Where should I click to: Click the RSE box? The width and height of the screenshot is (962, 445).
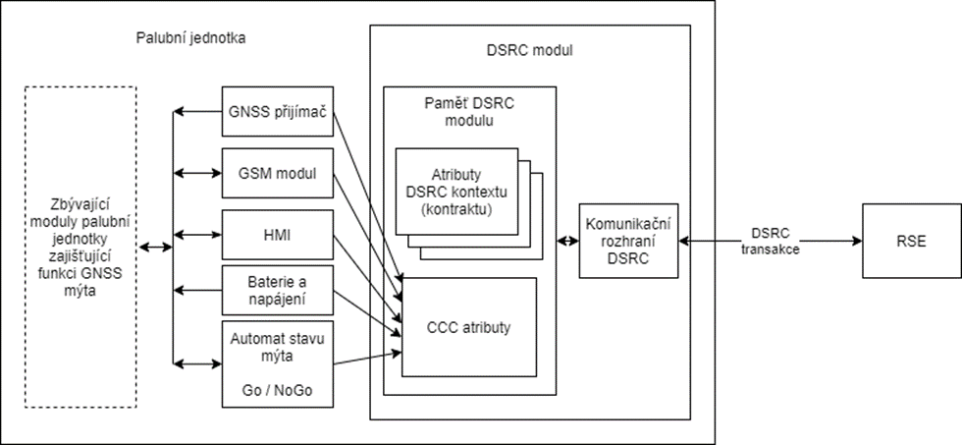point(909,241)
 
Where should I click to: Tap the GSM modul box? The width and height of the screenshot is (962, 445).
point(277,173)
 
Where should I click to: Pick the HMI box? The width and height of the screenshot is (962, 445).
point(277,235)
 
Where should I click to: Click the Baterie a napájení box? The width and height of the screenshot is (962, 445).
point(277,289)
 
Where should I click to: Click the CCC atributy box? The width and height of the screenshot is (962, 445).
point(469,327)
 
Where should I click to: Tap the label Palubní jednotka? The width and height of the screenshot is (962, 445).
point(190,39)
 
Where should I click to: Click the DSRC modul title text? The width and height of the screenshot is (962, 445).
point(529,49)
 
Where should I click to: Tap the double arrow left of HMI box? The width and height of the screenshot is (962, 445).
point(197,235)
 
